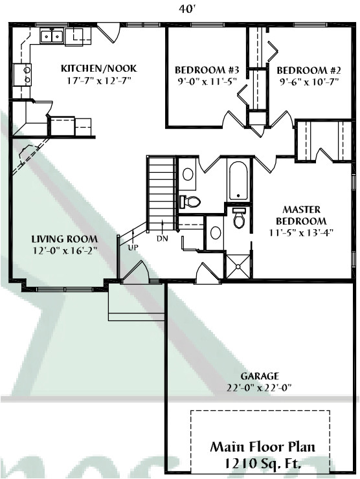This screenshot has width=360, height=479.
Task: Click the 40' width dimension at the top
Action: coord(186,10)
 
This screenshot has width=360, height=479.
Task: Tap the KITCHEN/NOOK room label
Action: coord(99,69)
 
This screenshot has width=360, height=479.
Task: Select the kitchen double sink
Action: coord(52,36)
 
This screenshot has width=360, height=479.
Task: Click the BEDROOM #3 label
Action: coord(207,71)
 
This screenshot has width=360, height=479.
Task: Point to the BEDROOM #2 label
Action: coord(309,71)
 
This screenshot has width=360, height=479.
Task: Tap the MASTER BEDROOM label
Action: coord(301,215)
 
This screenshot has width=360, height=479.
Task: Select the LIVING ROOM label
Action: coord(65,239)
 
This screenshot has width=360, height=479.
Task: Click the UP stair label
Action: coord(133,247)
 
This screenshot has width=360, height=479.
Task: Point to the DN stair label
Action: coord(163,239)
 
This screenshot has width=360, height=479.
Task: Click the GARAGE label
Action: coord(260,375)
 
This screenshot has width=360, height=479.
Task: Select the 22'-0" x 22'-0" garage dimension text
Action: coord(259,388)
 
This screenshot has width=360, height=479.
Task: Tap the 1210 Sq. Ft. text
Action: coord(263,463)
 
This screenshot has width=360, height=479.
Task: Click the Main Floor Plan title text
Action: coord(262,447)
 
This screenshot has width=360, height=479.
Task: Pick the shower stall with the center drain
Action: coord(238,266)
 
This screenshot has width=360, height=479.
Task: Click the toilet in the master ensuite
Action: coord(239,217)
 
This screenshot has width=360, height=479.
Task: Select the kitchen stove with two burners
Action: coord(22,75)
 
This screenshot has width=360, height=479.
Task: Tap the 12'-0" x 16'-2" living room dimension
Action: coord(65,251)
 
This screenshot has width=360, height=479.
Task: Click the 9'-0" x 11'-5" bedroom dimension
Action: coord(207,82)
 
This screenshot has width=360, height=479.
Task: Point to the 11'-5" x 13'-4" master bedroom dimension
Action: coord(301,232)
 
